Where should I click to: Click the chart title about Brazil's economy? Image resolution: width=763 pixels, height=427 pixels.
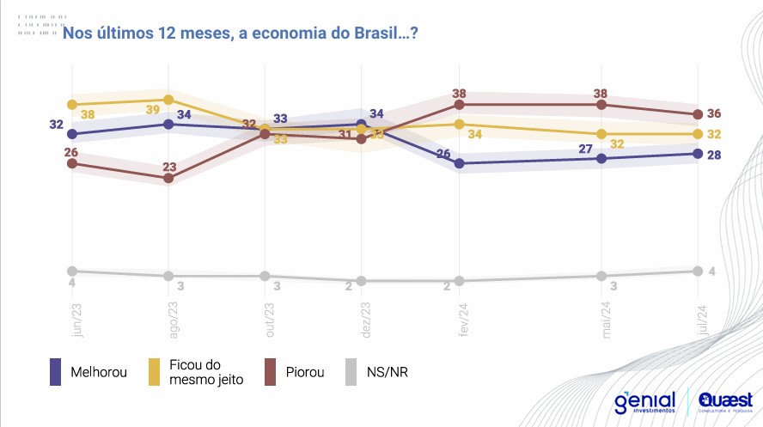[x=240, y=33]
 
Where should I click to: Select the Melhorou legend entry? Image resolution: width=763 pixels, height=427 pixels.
[x=89, y=372]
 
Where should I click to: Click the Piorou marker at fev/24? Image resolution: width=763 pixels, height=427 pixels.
[x=460, y=105]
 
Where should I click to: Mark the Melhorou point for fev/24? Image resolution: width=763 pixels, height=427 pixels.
[x=460, y=163]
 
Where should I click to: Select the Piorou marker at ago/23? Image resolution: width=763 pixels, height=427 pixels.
[x=168, y=178]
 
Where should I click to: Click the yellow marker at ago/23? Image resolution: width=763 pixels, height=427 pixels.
[x=168, y=100]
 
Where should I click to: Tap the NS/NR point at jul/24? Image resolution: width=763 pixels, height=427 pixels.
[x=696, y=271]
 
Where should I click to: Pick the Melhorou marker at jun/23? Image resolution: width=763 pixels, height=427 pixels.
[x=73, y=134]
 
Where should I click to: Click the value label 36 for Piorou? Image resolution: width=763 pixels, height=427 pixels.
[x=713, y=113]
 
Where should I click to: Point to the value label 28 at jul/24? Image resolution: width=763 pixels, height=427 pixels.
[x=713, y=155]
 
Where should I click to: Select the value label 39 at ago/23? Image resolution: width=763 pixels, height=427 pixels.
[x=151, y=110]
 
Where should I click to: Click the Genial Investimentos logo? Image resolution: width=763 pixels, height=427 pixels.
[x=644, y=403]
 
